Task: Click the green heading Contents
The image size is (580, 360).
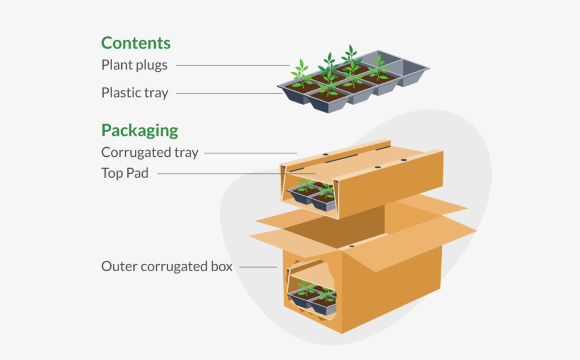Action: coord(135,43)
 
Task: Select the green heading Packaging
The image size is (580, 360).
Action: coord(139,131)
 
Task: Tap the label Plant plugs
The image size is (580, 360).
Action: coord(134,65)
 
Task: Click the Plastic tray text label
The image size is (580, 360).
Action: coord(134,93)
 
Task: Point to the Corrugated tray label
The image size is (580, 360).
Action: coord(150,152)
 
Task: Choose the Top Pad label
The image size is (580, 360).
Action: coord(125,173)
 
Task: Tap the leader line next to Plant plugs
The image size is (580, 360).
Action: coord(232,66)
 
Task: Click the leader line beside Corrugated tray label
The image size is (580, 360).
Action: coord(250,152)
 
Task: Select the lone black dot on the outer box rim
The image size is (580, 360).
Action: coord(352,247)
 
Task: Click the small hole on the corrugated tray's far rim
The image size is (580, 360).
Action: coord(326,154)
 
